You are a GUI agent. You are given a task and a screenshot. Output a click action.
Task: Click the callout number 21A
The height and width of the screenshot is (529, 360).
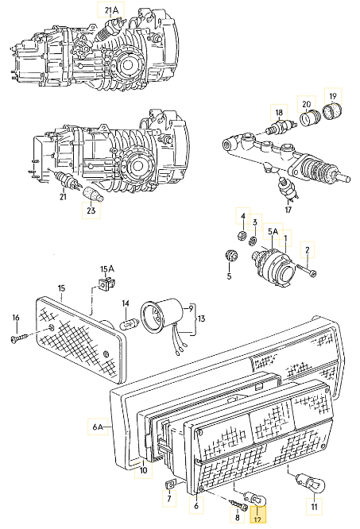pyautogui.click(x=111, y=10)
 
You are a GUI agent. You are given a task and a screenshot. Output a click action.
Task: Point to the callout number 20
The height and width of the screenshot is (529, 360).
pyautogui.click(x=305, y=104)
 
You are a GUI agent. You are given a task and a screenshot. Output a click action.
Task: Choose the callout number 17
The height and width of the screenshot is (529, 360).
pyautogui.click(x=288, y=210)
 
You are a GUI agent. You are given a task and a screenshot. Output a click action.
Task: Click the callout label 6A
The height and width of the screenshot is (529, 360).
pyautogui.click(x=98, y=427)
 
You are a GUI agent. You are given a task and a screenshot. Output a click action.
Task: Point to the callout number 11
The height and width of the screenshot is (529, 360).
pyautogui.click(x=315, y=506)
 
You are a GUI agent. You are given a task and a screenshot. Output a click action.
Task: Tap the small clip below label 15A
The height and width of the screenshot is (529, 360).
pyautogui.click(x=104, y=284)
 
